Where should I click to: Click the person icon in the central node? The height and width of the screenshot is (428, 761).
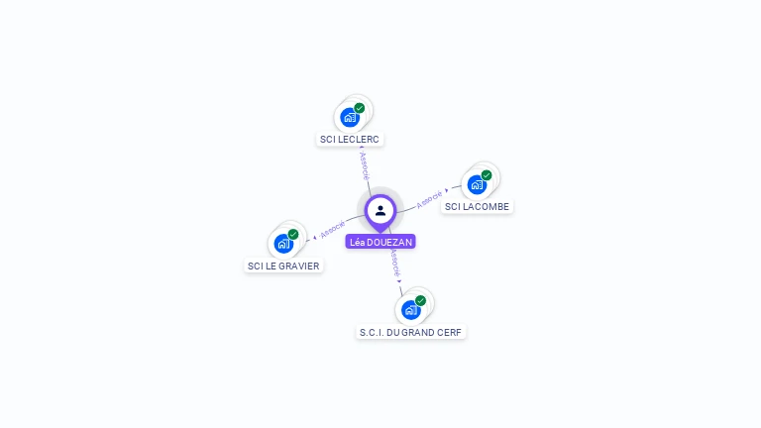(x=380, y=210)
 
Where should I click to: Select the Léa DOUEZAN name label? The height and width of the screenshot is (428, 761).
(x=380, y=242)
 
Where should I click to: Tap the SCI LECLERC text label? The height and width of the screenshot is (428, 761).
(x=351, y=140)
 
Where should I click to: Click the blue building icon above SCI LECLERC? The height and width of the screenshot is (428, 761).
(x=350, y=118)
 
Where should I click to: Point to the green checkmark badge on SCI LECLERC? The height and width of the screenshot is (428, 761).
(x=360, y=108)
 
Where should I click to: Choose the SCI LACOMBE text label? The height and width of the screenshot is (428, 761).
(x=478, y=206)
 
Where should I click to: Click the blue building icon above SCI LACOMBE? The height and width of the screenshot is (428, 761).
(x=477, y=185)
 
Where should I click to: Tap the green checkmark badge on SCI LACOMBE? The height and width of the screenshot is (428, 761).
(x=487, y=175)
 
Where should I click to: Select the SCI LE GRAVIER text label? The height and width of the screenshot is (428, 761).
(x=283, y=266)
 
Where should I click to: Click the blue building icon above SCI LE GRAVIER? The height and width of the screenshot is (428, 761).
(x=283, y=244)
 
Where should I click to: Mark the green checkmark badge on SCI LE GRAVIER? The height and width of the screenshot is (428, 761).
(x=293, y=234)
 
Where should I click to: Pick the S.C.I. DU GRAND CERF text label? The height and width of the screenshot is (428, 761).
(x=411, y=332)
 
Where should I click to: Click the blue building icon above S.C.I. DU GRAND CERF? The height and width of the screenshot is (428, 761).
(x=410, y=310)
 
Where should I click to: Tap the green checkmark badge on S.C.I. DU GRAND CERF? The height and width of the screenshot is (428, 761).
(x=420, y=300)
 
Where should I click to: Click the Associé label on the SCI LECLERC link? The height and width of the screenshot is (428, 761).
(x=364, y=164)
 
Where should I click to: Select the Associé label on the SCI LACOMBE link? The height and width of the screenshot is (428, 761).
(x=429, y=198)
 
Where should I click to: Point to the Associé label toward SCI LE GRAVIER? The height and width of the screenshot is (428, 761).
(x=333, y=230)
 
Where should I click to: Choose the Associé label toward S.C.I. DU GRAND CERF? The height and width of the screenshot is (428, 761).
(x=393, y=263)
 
